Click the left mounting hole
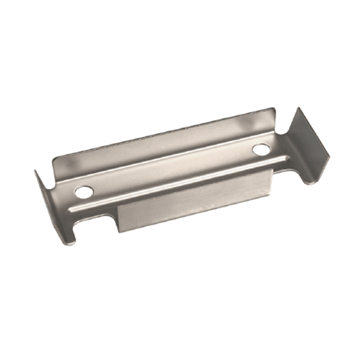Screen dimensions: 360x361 pyautogui.click(x=84, y=192)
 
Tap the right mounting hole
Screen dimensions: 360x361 pyautogui.click(x=261, y=150)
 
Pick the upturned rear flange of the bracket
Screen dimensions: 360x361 pyautogui.click(x=160, y=144)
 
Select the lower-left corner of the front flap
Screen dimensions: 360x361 pyautogui.click(x=120, y=232)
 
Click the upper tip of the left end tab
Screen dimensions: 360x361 pyautogui.click(x=37, y=172)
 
